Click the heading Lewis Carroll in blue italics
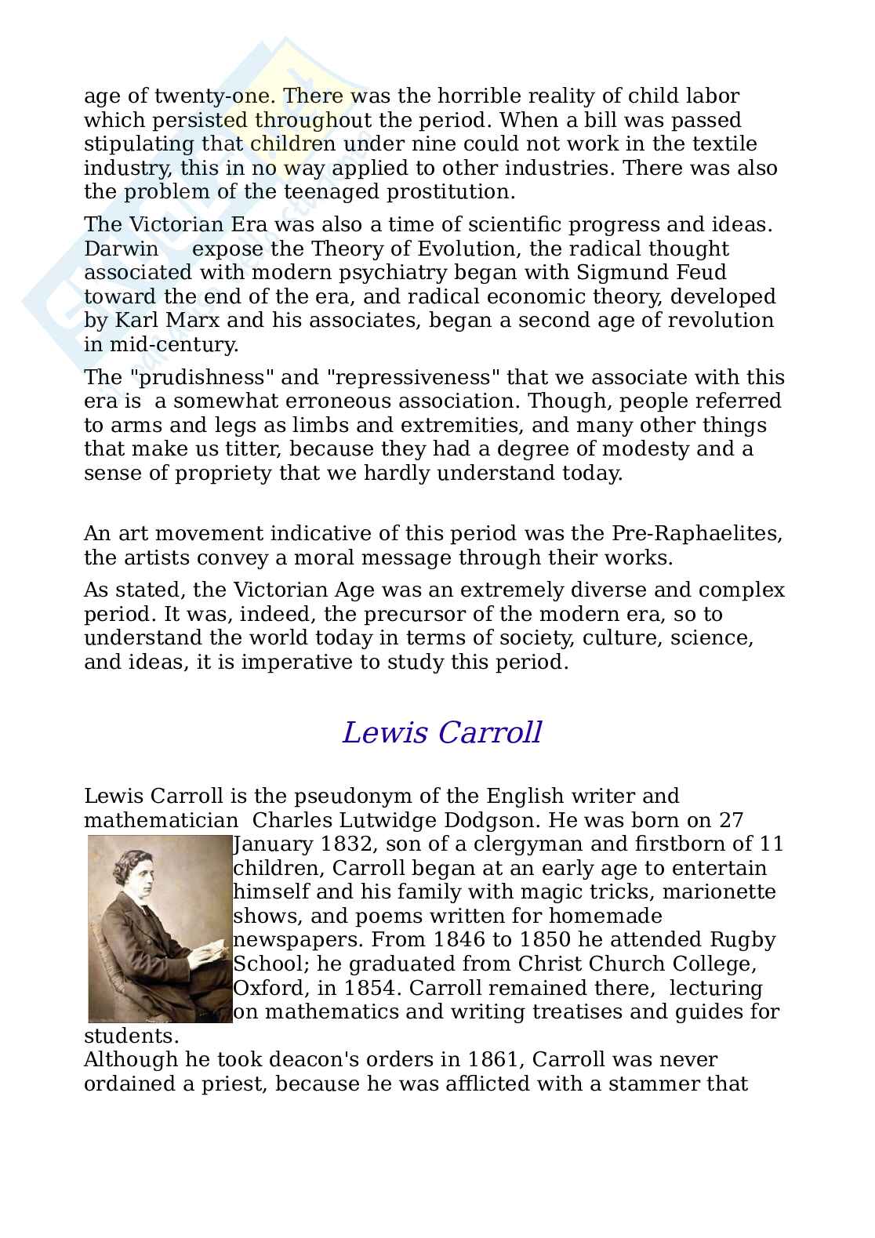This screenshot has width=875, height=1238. pos(441,733)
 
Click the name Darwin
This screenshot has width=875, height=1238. pos(121,249)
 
